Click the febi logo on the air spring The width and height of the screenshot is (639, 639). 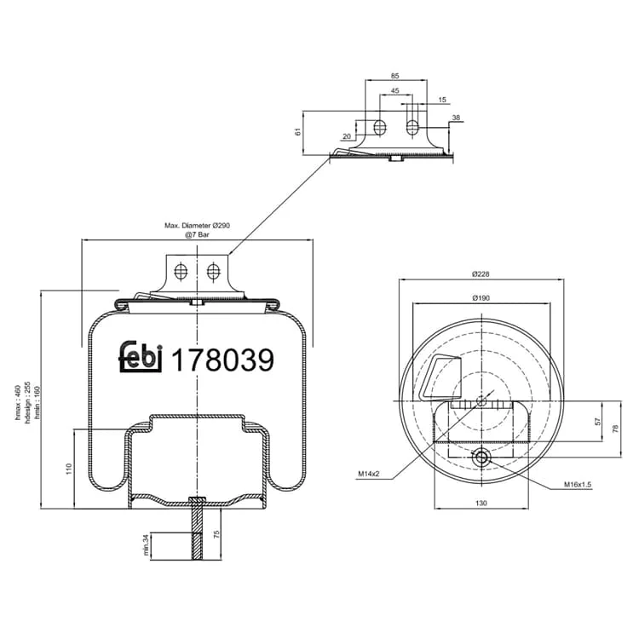click(x=141, y=357)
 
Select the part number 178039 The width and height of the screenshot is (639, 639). click(x=222, y=360)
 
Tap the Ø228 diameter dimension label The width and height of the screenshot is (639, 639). click(x=481, y=274)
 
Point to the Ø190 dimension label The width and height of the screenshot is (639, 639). click(x=481, y=298)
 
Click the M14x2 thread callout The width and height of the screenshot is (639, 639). click(x=369, y=474)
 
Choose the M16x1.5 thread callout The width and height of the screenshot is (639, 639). click(x=578, y=485)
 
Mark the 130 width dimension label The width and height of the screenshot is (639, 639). click(x=481, y=504)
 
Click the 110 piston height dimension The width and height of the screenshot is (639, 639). click(x=69, y=469)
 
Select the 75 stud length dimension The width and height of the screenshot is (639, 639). click(x=216, y=534)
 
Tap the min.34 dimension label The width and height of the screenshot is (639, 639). click(x=147, y=545)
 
